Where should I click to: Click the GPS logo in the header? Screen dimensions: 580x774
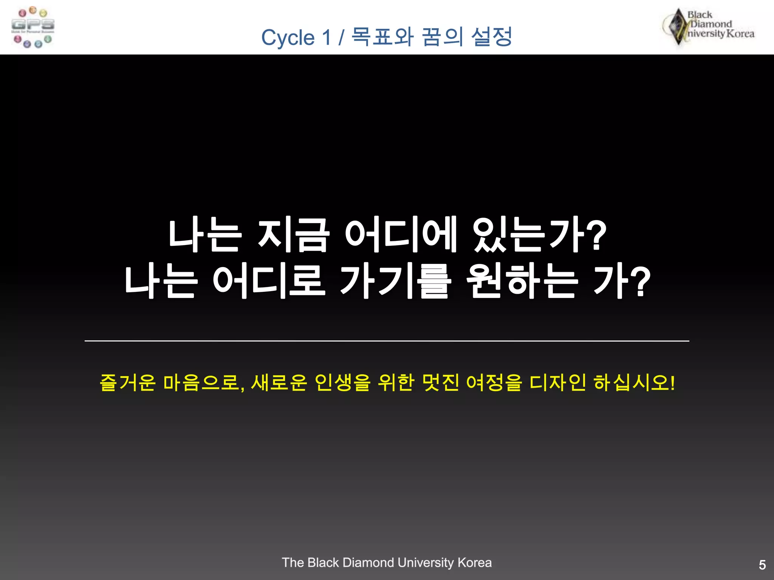point(33,27)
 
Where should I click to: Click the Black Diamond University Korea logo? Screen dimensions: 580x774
point(709,26)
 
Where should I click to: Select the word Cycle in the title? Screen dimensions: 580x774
point(288,38)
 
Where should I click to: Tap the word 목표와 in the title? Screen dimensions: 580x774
point(382,37)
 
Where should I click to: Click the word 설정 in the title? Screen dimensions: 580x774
point(492,37)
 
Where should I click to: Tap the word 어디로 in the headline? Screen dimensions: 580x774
point(269,281)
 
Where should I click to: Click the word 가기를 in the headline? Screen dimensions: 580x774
point(395,281)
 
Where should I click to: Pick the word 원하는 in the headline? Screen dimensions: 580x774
point(522,281)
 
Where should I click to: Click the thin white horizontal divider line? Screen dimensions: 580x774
point(387,341)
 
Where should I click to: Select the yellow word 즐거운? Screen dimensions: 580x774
point(128,383)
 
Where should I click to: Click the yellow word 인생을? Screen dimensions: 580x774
point(342,383)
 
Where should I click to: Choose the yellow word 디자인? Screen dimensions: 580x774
point(558,383)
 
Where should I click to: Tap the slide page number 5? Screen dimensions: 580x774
point(762,565)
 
